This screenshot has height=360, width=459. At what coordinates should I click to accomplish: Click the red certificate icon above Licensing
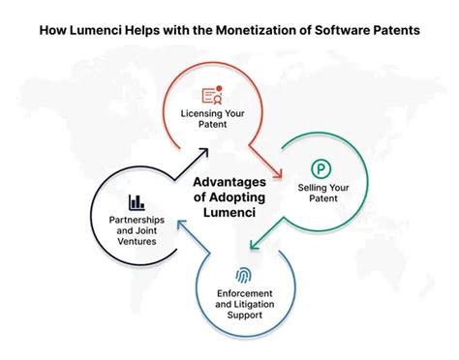pyautogui.click(x=213, y=95)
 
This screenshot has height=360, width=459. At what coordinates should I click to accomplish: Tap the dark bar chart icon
pyautogui.click(x=137, y=202)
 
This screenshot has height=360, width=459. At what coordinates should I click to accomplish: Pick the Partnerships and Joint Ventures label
pyautogui.click(x=137, y=230)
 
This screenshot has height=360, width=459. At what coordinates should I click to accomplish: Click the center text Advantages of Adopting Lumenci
pyautogui.click(x=229, y=196)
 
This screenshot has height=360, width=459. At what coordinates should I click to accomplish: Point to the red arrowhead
pyautogui.click(x=277, y=174)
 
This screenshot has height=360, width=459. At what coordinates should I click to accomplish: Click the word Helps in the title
pyautogui.click(x=143, y=30)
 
